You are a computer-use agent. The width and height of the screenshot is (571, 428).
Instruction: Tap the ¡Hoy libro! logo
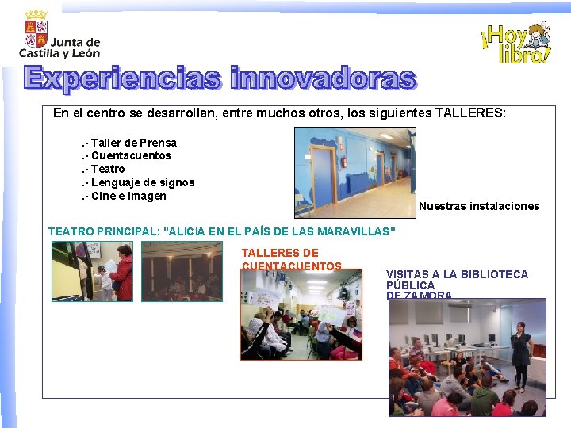515,44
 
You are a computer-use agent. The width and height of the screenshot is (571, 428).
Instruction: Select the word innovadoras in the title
323,78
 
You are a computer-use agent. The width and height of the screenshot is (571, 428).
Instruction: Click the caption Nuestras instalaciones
479,206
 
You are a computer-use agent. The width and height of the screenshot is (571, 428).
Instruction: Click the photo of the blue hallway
354,172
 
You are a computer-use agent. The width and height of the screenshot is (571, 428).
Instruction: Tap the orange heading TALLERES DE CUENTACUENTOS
291,259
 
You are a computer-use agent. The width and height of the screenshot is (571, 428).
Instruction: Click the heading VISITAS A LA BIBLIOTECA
457,274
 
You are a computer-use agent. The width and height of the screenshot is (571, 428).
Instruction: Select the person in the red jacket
122,276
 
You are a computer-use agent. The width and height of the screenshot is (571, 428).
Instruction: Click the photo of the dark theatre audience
182,271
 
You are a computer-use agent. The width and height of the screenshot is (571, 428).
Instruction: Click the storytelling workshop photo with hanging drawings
301,315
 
